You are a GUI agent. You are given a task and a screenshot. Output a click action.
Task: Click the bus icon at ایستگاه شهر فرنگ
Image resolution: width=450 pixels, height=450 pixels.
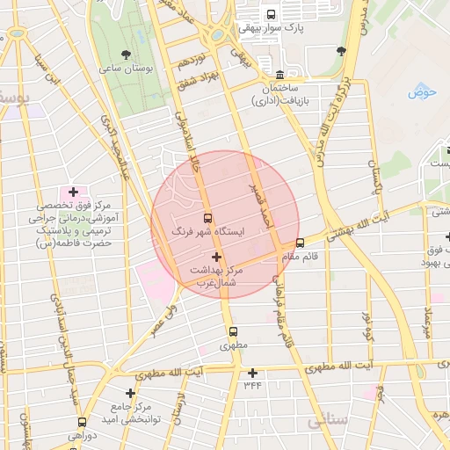[x=208, y=217]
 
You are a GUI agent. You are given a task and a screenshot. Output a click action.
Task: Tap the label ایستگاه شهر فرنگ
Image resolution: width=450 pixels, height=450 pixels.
[x=208, y=233]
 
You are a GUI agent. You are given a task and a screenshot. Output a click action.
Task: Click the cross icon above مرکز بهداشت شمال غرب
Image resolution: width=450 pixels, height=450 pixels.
[x=217, y=257]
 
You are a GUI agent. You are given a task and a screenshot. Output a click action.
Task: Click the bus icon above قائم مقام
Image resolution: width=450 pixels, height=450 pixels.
[x=301, y=243]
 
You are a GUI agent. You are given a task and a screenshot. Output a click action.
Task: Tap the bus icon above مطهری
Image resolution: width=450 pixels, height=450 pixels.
[x=233, y=332]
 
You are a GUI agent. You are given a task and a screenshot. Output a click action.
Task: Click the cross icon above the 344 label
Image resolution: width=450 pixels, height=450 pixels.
[x=253, y=373]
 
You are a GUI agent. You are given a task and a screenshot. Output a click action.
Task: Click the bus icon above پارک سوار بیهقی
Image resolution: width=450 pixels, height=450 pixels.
[x=270, y=14]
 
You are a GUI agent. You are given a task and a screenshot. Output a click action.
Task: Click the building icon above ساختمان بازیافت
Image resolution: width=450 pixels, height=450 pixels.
[x=279, y=74]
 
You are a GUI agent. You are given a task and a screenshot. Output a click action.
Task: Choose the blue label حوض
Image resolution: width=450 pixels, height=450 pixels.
[x=423, y=89]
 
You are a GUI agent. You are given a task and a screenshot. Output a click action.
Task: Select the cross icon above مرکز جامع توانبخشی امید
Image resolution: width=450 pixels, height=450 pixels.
[x=131, y=393]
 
